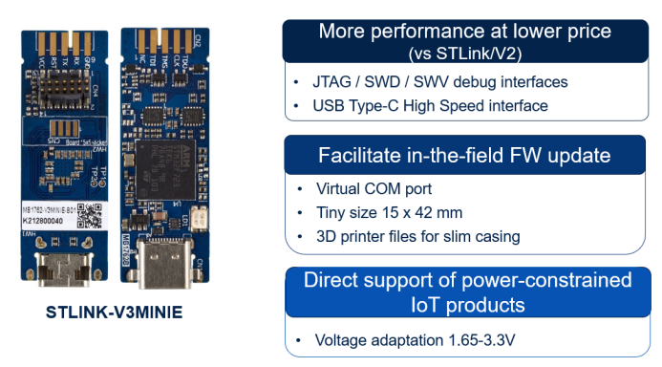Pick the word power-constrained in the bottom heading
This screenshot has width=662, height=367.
pos(541,281)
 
